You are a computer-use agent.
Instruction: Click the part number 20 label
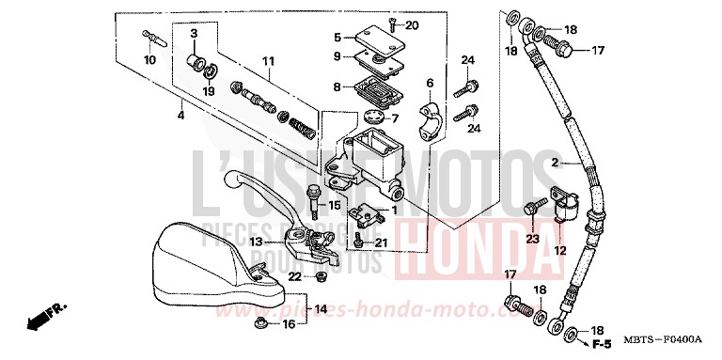[413, 24]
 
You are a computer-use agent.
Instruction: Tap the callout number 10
[149, 60]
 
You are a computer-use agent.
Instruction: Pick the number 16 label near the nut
[289, 323]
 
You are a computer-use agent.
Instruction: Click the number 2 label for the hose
[556, 164]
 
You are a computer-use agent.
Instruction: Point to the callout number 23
[533, 240]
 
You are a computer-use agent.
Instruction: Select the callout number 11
[268, 61]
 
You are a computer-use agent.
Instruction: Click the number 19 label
[208, 91]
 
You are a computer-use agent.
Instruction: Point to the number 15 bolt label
[335, 204]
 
